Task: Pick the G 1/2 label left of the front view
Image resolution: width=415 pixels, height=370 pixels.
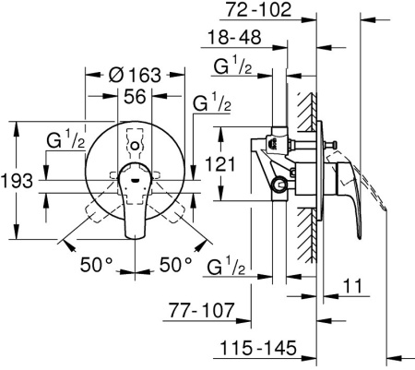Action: (x=66, y=140)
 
